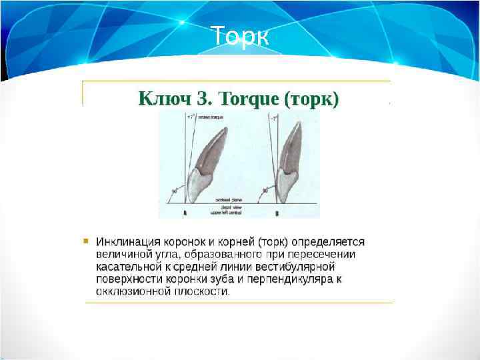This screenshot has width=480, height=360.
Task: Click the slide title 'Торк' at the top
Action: pyautogui.click(x=239, y=37)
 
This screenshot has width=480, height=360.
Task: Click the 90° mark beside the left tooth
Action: pyautogui.click(x=175, y=191)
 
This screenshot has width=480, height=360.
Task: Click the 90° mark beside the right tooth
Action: pyautogui.click(x=265, y=191)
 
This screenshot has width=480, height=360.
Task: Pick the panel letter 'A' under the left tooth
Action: pyautogui.click(x=185, y=214)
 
